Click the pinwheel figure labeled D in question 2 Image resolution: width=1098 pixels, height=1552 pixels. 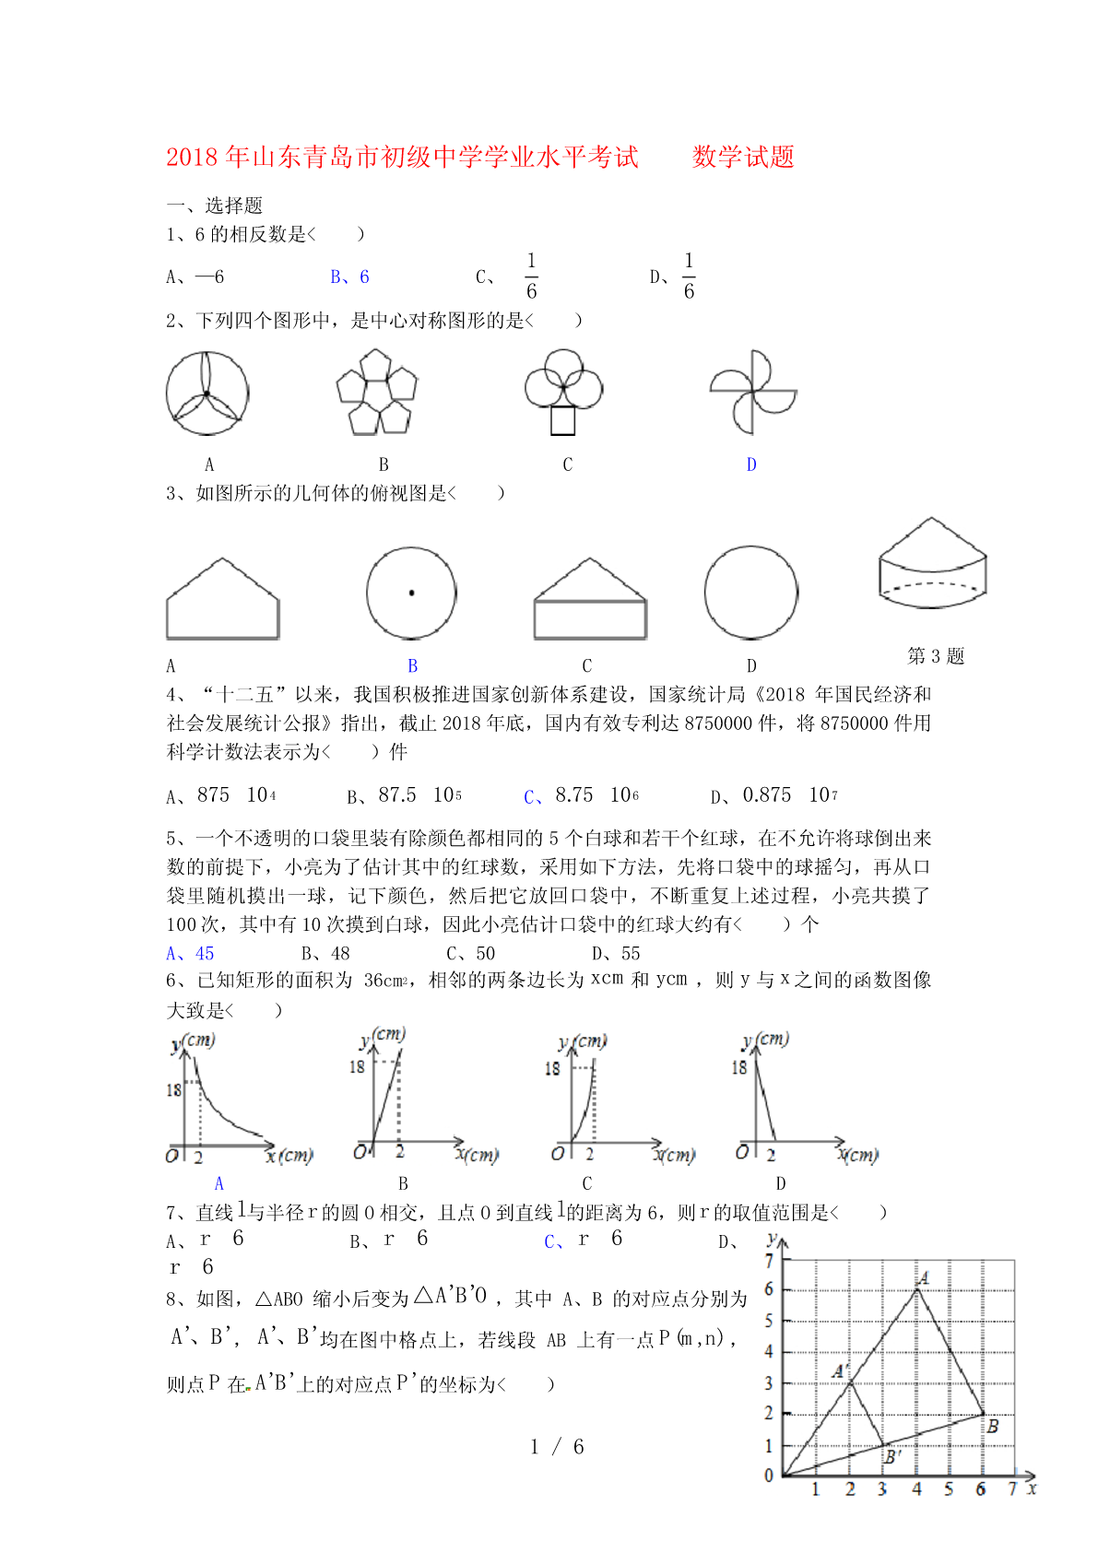(752, 393)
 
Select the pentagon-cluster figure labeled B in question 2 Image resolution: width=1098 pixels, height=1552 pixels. (377, 392)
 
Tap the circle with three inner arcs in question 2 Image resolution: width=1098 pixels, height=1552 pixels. (207, 394)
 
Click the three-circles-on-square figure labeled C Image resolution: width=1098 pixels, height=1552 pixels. (563, 392)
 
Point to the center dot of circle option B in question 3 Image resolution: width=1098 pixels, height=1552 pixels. (411, 593)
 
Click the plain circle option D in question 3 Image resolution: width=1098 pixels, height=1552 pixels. (751, 593)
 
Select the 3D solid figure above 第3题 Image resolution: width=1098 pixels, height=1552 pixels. (932, 563)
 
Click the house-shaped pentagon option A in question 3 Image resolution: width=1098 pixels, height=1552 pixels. (222, 600)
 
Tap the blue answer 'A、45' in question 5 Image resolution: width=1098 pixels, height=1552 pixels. (190, 953)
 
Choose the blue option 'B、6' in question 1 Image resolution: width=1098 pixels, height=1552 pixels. (349, 276)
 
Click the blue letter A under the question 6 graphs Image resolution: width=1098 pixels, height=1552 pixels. (219, 1183)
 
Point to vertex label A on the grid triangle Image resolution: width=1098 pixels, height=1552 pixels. (923, 1277)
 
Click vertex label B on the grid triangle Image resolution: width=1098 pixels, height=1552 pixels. (993, 1426)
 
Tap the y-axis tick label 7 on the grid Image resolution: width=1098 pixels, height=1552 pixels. (770, 1261)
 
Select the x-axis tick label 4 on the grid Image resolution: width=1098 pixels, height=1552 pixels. (916, 1489)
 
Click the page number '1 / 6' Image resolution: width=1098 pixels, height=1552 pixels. (557, 1447)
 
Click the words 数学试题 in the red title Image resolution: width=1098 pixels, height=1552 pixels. (743, 157)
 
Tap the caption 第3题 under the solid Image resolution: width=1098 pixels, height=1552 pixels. (936, 655)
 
